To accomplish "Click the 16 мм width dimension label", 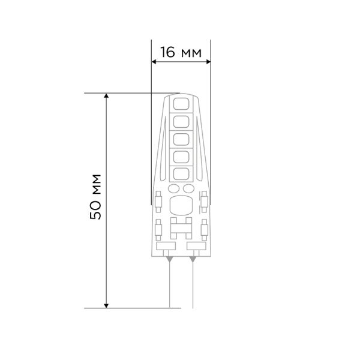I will click(180, 53).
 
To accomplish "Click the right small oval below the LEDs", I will click(187, 189).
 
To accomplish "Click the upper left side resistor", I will click(158, 200).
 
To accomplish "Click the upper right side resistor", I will click(204, 200).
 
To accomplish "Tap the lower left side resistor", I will click(158, 229).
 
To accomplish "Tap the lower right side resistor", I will click(204, 229).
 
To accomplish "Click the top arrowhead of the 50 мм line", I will click(107, 97).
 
